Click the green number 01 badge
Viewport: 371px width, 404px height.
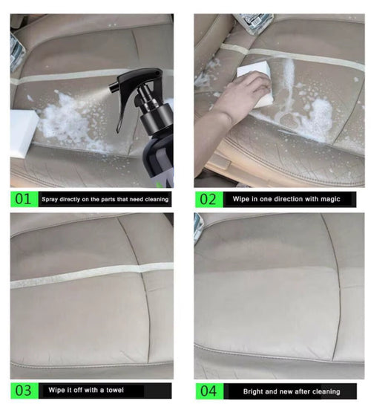pyautogui.click(x=24, y=199)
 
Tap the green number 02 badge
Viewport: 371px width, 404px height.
pyautogui.click(x=209, y=199)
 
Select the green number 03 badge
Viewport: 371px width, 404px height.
pyautogui.click(x=24, y=391)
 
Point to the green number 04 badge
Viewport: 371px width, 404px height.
pyautogui.click(x=209, y=391)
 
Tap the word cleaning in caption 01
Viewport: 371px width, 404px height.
pyautogui.click(x=157, y=200)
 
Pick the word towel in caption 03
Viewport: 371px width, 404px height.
pyautogui.click(x=114, y=390)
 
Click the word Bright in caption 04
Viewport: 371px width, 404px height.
pyautogui.click(x=253, y=391)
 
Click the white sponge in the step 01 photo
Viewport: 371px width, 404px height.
pyautogui.click(x=22, y=131)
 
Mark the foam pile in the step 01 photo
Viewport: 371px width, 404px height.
pyautogui.click(x=70, y=120)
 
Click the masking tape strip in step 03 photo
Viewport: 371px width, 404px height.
pyautogui.click(x=92, y=275)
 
